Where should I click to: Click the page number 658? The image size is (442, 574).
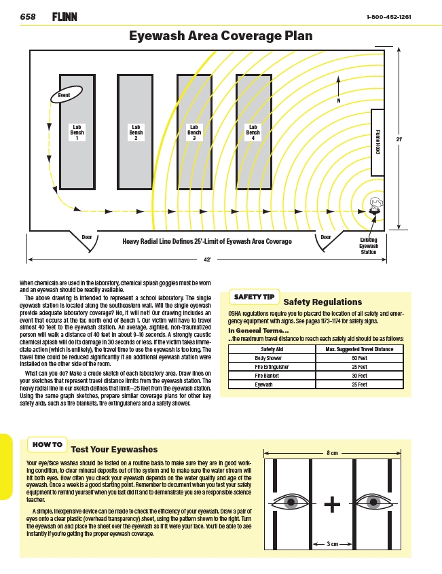28,16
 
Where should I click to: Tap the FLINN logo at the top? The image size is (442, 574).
65,16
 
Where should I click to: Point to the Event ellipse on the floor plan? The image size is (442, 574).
64,96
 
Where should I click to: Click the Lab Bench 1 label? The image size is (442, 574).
77,132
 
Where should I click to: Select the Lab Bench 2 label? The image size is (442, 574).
136,132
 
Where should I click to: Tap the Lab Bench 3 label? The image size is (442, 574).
194,132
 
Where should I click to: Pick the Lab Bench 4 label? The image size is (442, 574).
253,132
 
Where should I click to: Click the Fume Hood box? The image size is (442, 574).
377,142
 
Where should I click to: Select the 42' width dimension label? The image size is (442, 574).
207,259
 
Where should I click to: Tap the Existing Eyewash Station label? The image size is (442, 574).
369,246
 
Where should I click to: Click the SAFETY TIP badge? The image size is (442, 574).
255,297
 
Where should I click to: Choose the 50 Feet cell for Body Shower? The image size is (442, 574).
359,357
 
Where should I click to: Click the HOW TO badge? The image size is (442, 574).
48,445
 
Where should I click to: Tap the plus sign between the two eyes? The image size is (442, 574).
332,504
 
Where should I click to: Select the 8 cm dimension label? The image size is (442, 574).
332,452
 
